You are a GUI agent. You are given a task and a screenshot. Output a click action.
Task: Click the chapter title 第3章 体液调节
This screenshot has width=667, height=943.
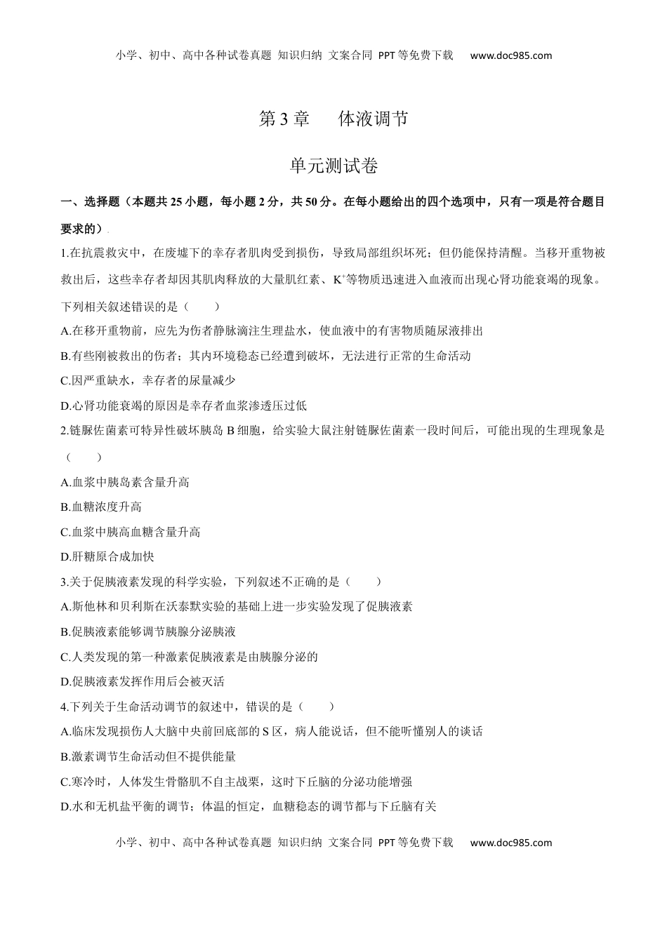click(x=333, y=119)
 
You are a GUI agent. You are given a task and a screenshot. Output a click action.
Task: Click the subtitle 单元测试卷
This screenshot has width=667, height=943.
click(x=333, y=166)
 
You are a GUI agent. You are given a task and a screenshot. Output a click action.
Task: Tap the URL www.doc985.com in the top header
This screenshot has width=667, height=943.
click(x=511, y=56)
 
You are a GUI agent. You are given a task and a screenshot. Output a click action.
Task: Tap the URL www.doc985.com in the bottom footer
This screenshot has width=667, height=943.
click(x=511, y=843)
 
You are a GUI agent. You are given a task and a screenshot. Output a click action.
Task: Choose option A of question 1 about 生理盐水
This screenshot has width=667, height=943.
click(x=272, y=330)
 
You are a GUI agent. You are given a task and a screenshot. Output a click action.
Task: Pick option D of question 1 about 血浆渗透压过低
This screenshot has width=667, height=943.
click(x=184, y=406)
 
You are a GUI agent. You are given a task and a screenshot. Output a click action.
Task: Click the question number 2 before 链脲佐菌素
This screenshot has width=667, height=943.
click(x=64, y=431)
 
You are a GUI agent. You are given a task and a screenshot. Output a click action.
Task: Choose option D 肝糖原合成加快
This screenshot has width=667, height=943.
click(x=107, y=556)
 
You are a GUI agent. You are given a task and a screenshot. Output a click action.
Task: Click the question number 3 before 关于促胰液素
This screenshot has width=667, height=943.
click(x=64, y=582)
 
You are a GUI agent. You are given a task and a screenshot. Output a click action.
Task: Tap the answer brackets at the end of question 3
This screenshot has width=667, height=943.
click(x=364, y=582)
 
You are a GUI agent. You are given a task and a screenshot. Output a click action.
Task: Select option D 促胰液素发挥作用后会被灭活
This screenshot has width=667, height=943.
click(x=143, y=681)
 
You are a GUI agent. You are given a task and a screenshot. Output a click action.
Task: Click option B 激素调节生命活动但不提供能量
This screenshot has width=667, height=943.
click(x=148, y=756)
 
